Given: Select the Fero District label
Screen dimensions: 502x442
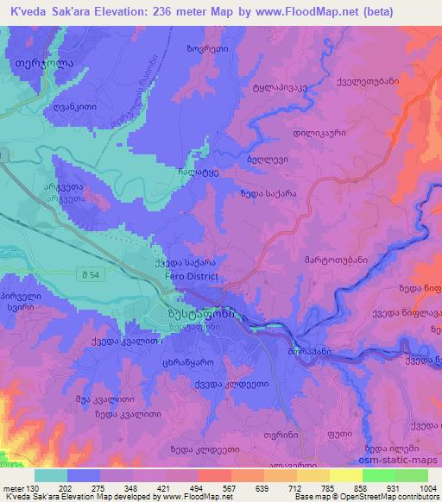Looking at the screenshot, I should tap(192, 276).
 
